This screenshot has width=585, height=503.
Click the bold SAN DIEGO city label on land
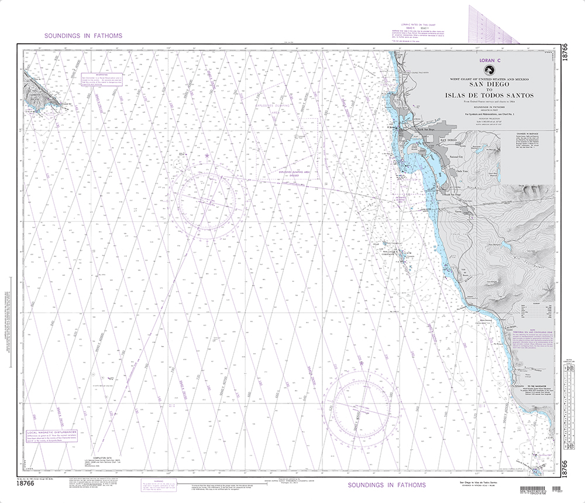pos(447,141)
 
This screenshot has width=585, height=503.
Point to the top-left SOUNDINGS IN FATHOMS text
pos(83,36)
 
